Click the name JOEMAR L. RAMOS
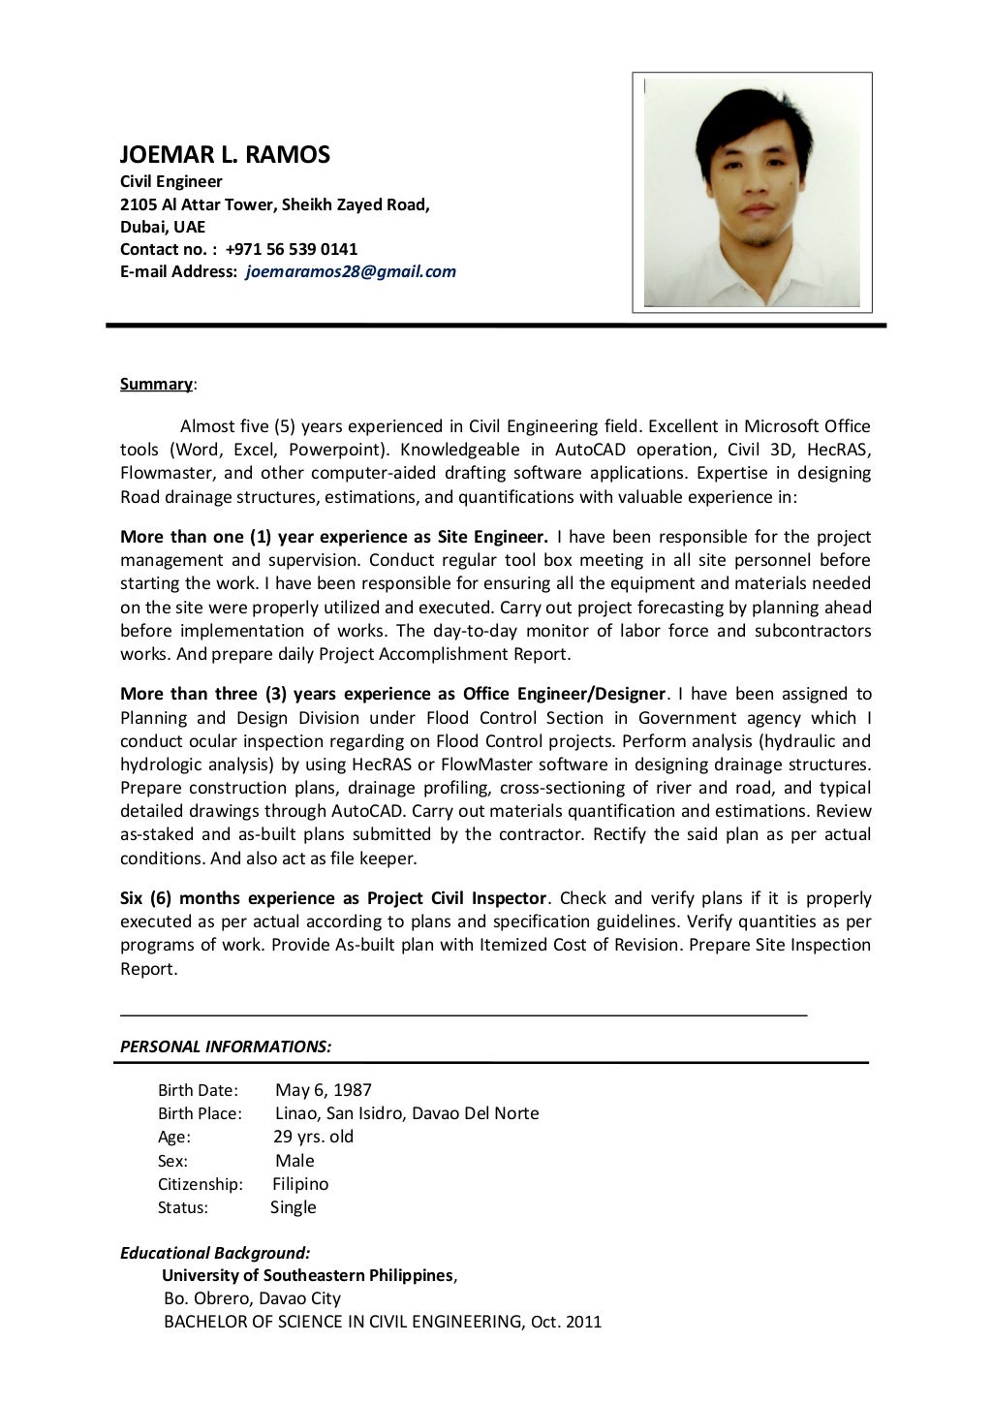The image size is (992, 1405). (225, 154)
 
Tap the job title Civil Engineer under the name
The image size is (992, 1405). (171, 181)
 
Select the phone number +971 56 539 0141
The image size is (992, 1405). (292, 249)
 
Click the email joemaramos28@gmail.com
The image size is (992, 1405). (351, 271)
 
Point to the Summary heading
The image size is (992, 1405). (156, 384)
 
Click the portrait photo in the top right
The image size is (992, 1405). (752, 192)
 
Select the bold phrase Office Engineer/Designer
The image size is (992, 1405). (565, 694)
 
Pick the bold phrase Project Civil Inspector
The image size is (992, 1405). (457, 898)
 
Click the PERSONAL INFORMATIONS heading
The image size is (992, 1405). (226, 1046)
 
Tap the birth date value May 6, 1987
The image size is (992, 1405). (323, 1090)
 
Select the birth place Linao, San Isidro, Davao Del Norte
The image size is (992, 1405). (407, 1113)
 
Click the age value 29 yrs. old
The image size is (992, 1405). (314, 1137)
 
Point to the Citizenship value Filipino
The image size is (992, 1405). (300, 1184)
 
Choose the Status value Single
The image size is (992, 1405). (294, 1207)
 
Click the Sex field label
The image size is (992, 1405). (172, 1161)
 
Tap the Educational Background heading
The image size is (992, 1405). (215, 1253)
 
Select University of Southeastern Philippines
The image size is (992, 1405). (307, 1275)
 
